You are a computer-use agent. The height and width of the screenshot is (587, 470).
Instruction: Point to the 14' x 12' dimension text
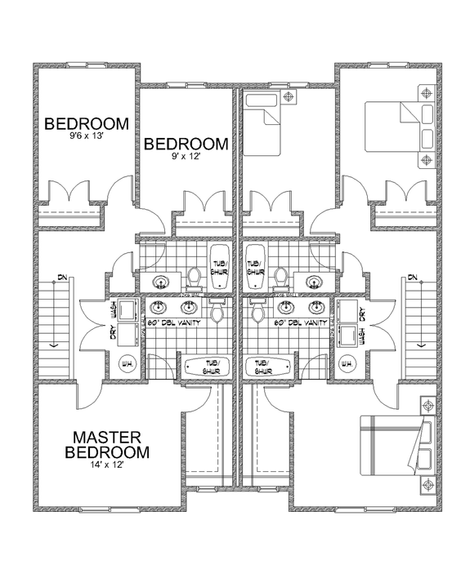[x=110, y=464]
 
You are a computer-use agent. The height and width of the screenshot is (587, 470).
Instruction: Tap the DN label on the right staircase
[x=412, y=278]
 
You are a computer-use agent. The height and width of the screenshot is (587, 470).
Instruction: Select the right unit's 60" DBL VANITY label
[x=302, y=323]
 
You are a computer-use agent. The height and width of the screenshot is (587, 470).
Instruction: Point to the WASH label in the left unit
[x=114, y=309]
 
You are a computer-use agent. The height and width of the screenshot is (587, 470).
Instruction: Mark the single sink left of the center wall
[x=160, y=282]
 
